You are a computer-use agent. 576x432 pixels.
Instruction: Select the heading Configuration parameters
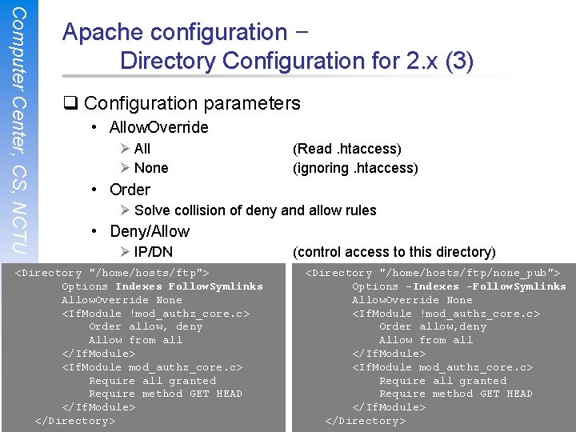192,103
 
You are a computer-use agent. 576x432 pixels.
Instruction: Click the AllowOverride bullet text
158,127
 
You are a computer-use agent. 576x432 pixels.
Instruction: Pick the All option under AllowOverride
142,149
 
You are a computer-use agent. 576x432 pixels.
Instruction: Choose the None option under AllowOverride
151,168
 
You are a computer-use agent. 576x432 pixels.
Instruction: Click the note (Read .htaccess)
347,149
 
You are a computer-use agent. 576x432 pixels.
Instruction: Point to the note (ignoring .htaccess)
355,168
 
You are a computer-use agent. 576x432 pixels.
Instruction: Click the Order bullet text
130,190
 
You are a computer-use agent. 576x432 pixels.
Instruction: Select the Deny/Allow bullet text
150,232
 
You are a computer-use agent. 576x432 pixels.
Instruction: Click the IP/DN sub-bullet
153,253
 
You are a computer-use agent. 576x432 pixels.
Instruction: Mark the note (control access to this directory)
394,253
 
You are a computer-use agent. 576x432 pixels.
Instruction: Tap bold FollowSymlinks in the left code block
215,286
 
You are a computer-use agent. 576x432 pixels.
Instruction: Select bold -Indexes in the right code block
433,286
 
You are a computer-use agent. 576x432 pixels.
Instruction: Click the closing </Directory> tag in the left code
75,421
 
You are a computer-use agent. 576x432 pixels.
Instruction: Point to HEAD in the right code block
519,394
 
